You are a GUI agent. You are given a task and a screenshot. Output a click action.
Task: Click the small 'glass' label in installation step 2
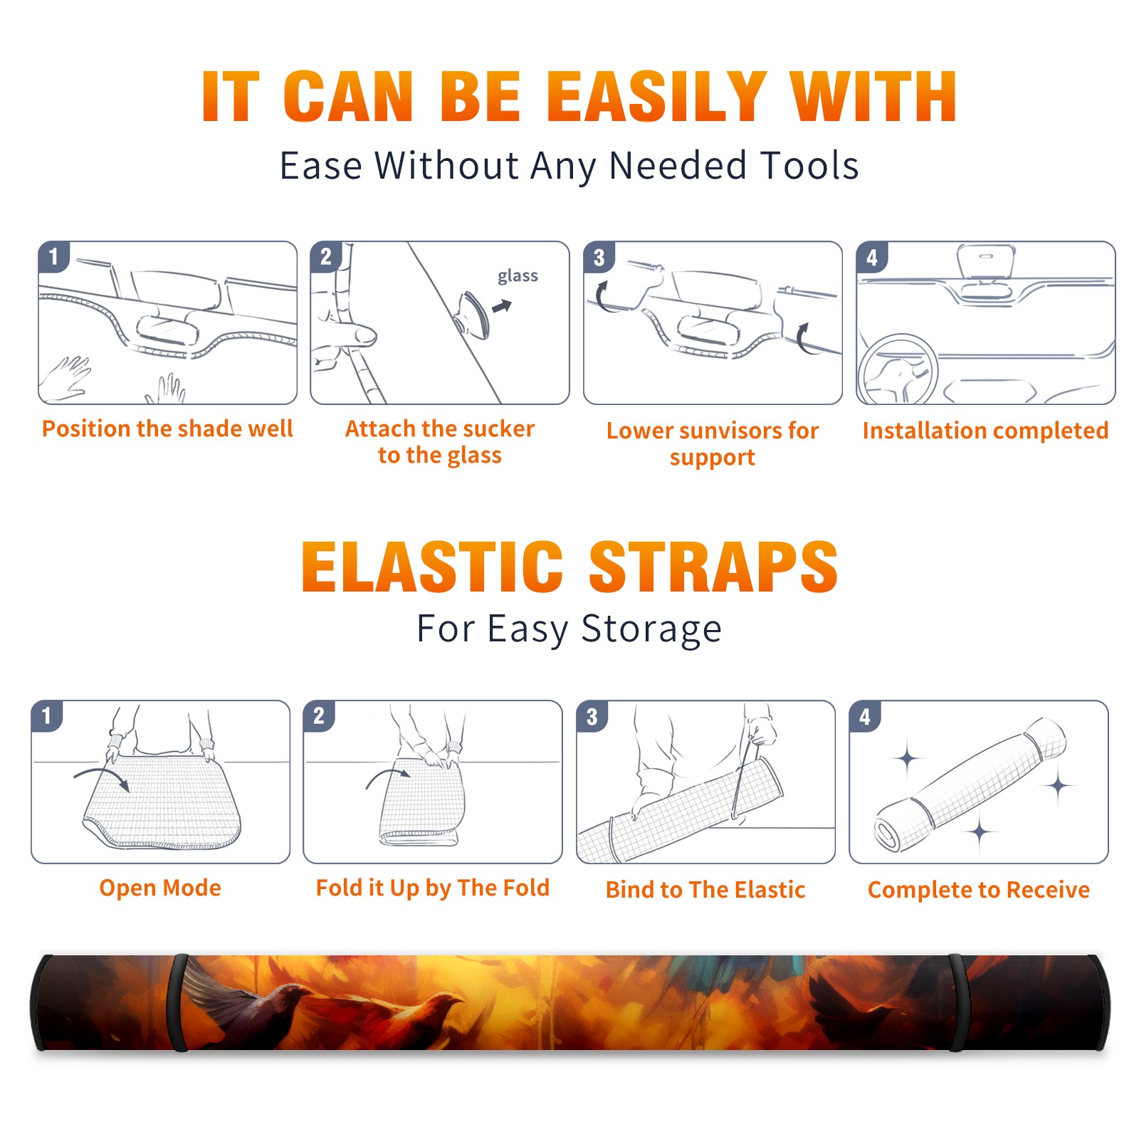518,276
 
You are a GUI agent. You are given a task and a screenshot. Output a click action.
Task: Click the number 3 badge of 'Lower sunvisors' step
599,258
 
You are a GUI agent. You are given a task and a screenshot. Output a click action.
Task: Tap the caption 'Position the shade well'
167,429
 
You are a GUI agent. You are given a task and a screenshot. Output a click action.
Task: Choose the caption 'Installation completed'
985,430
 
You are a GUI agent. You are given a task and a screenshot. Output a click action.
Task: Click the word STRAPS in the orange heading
713,567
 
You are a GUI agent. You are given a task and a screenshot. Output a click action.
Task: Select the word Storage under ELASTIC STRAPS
651,629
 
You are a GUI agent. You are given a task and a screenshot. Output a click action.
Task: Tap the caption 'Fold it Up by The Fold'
433,888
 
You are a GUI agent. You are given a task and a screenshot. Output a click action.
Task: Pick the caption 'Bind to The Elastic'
705,890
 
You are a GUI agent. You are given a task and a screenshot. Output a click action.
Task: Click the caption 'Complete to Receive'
979,890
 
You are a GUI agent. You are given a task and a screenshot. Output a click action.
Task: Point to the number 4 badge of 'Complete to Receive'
865,716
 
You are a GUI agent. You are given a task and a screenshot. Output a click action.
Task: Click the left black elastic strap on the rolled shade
178,1002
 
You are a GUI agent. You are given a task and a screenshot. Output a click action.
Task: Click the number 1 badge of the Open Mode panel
46,716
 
